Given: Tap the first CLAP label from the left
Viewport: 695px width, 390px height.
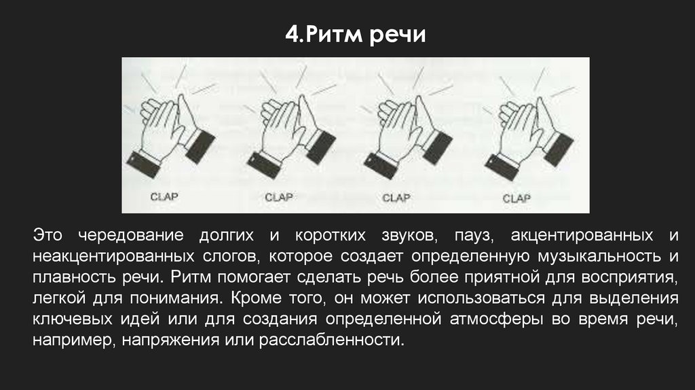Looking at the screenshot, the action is click(164, 196).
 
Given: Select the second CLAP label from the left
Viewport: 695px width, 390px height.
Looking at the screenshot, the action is click(278, 197).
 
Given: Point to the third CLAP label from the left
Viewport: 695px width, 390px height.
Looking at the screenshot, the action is click(396, 198).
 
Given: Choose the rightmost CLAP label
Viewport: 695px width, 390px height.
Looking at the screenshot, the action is click(516, 198).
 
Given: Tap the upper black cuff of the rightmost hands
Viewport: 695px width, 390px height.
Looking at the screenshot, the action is click(559, 149).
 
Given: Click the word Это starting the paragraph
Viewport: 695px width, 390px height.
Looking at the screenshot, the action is click(48, 235).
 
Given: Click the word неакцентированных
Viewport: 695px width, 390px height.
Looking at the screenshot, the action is click(113, 257).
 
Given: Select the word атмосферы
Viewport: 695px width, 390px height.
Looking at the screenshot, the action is click(496, 319).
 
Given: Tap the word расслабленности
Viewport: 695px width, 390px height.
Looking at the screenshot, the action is click(331, 340).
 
